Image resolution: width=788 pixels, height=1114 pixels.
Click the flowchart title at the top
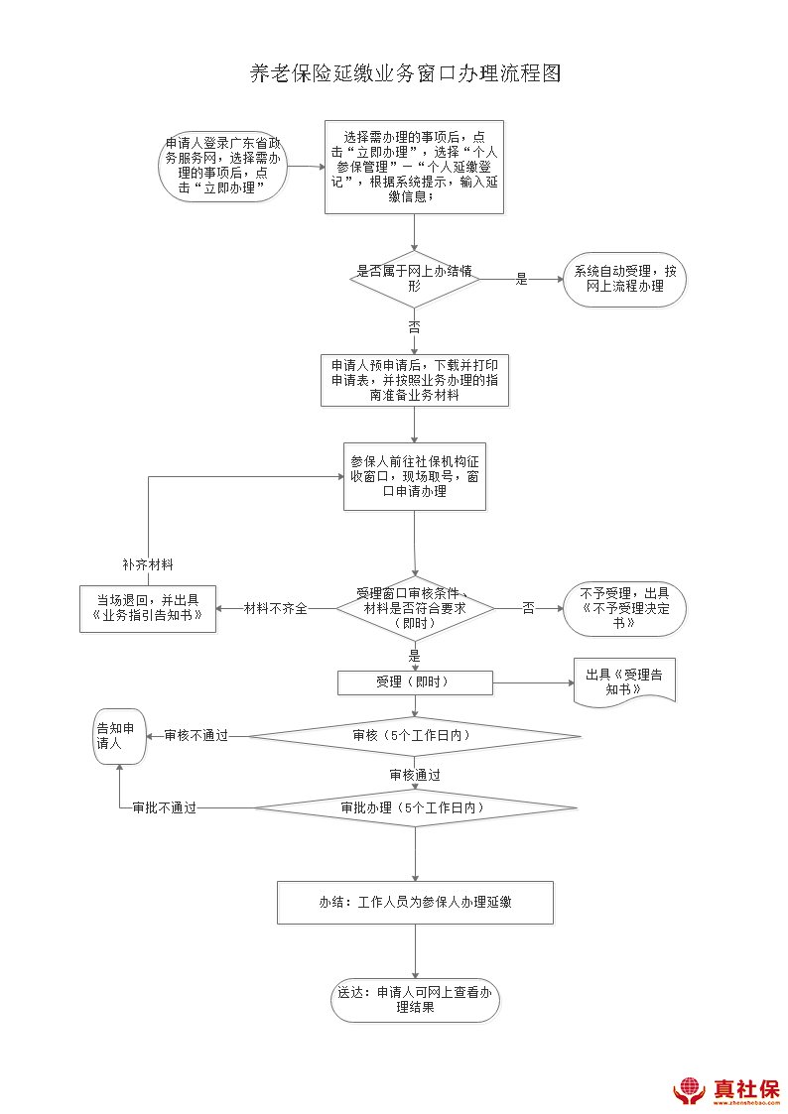pyautogui.click(x=405, y=75)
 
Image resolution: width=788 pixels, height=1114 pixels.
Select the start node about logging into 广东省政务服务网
pyautogui.click(x=223, y=166)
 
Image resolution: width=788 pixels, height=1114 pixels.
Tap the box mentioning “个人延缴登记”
pyautogui.click(x=414, y=167)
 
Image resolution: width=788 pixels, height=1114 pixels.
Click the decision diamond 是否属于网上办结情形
pyautogui.click(x=415, y=279)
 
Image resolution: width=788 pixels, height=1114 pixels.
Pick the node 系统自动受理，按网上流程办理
pyautogui.click(x=624, y=279)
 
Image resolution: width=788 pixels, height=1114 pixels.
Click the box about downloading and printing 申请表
pyautogui.click(x=414, y=380)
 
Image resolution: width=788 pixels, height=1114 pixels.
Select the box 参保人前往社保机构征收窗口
pyautogui.click(x=414, y=476)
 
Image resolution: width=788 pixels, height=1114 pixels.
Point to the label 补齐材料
pyautogui.click(x=148, y=564)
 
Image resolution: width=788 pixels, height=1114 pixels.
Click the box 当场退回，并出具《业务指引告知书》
pyautogui.click(x=148, y=608)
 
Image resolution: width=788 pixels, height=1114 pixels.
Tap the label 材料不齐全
pyautogui.click(x=276, y=608)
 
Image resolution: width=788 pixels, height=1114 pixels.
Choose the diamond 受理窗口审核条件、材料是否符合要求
pyautogui.click(x=415, y=607)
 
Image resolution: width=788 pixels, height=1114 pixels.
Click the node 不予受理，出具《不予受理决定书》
pyautogui.click(x=624, y=608)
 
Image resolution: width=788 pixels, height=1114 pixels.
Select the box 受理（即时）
pyautogui.click(x=415, y=682)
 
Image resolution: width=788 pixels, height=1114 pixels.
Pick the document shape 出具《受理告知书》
pyautogui.click(x=624, y=682)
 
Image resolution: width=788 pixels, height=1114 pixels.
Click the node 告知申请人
pyautogui.click(x=119, y=736)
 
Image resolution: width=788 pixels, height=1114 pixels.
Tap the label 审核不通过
pyautogui.click(x=197, y=736)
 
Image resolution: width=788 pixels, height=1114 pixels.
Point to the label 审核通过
pyautogui.click(x=415, y=775)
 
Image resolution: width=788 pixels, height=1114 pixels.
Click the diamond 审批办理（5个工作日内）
pyautogui.click(x=414, y=808)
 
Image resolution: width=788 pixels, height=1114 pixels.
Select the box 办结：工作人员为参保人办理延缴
pyautogui.click(x=414, y=903)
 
